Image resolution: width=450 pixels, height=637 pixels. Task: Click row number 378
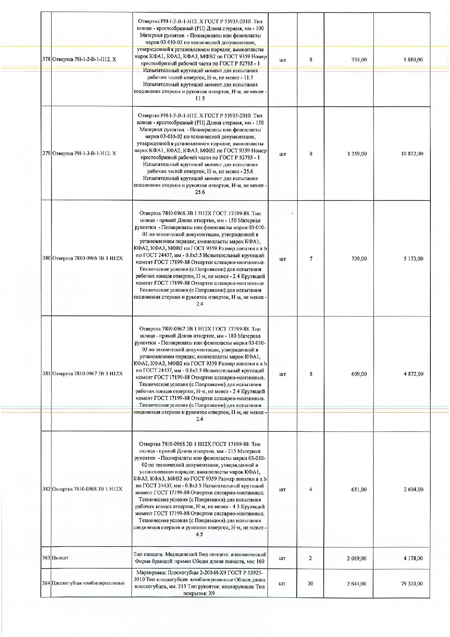point(46,60)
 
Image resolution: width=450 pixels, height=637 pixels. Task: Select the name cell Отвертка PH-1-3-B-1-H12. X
point(84,154)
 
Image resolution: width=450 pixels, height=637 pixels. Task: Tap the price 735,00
point(359,60)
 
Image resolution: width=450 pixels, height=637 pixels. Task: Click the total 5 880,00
point(413,60)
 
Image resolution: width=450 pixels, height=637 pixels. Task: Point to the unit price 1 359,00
point(357,154)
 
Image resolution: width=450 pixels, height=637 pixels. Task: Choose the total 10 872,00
point(412,154)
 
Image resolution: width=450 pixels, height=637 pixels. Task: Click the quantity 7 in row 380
point(311,259)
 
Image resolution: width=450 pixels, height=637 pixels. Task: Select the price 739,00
point(359,259)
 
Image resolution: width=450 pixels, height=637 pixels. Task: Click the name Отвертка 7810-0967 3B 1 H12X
point(87,374)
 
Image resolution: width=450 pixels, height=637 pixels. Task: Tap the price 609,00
point(359,374)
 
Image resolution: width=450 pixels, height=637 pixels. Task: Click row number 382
point(46,489)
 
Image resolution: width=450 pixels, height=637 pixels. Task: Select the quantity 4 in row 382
point(311,489)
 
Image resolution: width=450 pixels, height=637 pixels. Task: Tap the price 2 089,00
point(357,558)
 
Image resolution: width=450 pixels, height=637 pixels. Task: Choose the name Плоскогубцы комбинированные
point(89,583)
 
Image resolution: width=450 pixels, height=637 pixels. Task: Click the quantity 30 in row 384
point(311,583)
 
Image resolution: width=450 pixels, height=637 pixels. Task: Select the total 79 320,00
point(412,583)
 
